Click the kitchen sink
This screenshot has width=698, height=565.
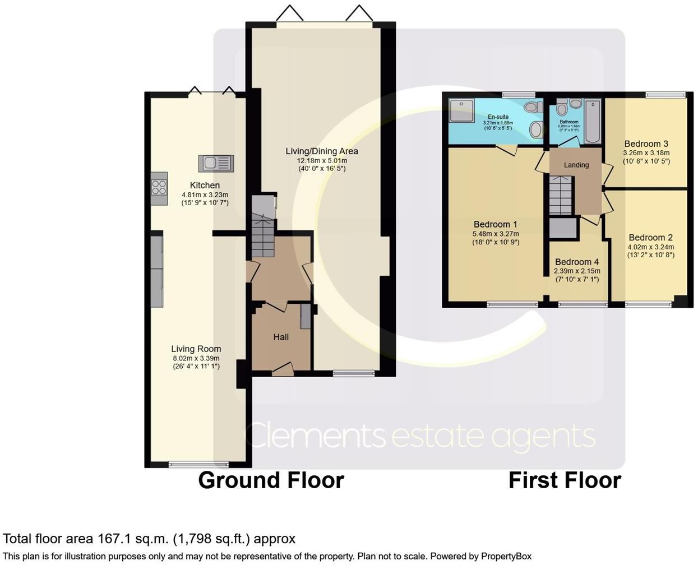[x=216, y=164]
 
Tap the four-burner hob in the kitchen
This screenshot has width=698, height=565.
[x=159, y=187]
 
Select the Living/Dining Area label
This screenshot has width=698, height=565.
[x=321, y=151]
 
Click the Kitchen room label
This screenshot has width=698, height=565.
[x=205, y=186]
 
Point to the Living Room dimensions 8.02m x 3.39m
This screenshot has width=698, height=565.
[x=196, y=358]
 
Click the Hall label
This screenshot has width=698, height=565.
[x=281, y=337]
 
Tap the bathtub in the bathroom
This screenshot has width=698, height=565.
[x=592, y=121]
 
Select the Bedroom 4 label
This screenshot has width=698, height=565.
[x=577, y=262]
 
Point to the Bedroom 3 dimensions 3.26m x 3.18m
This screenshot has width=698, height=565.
[x=646, y=153]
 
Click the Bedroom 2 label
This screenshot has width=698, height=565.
[x=650, y=238]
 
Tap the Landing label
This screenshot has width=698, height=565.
[x=576, y=165]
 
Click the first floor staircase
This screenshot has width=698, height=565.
[x=560, y=194]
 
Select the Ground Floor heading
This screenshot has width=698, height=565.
[x=271, y=480]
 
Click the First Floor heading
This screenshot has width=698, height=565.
[x=565, y=480]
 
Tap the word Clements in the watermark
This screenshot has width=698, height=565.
[x=315, y=436]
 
